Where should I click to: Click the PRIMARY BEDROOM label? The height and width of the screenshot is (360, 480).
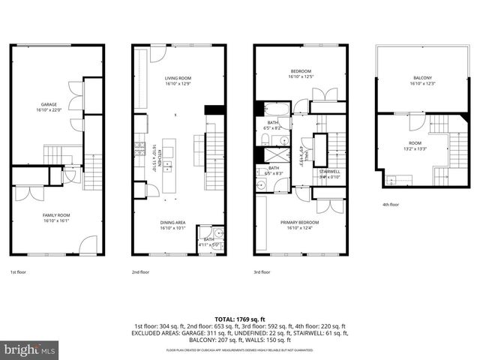click(299, 223)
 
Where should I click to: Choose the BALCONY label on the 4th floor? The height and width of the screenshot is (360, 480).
click(422, 78)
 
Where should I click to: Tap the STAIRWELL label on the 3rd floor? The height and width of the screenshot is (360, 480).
click(330, 172)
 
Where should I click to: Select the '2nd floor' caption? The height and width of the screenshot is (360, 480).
click(140, 272)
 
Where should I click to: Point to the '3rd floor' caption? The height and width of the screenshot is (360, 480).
click(262, 272)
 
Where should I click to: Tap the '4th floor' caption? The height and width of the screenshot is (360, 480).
click(391, 205)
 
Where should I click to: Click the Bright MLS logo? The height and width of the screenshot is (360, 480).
click(30, 349)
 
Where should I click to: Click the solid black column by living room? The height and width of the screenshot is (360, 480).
click(214, 109)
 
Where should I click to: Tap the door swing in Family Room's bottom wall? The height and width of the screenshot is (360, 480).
click(88, 244)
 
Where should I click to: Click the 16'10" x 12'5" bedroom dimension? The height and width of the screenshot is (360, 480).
click(299, 76)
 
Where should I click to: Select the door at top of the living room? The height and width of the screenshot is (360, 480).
click(159, 53)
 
